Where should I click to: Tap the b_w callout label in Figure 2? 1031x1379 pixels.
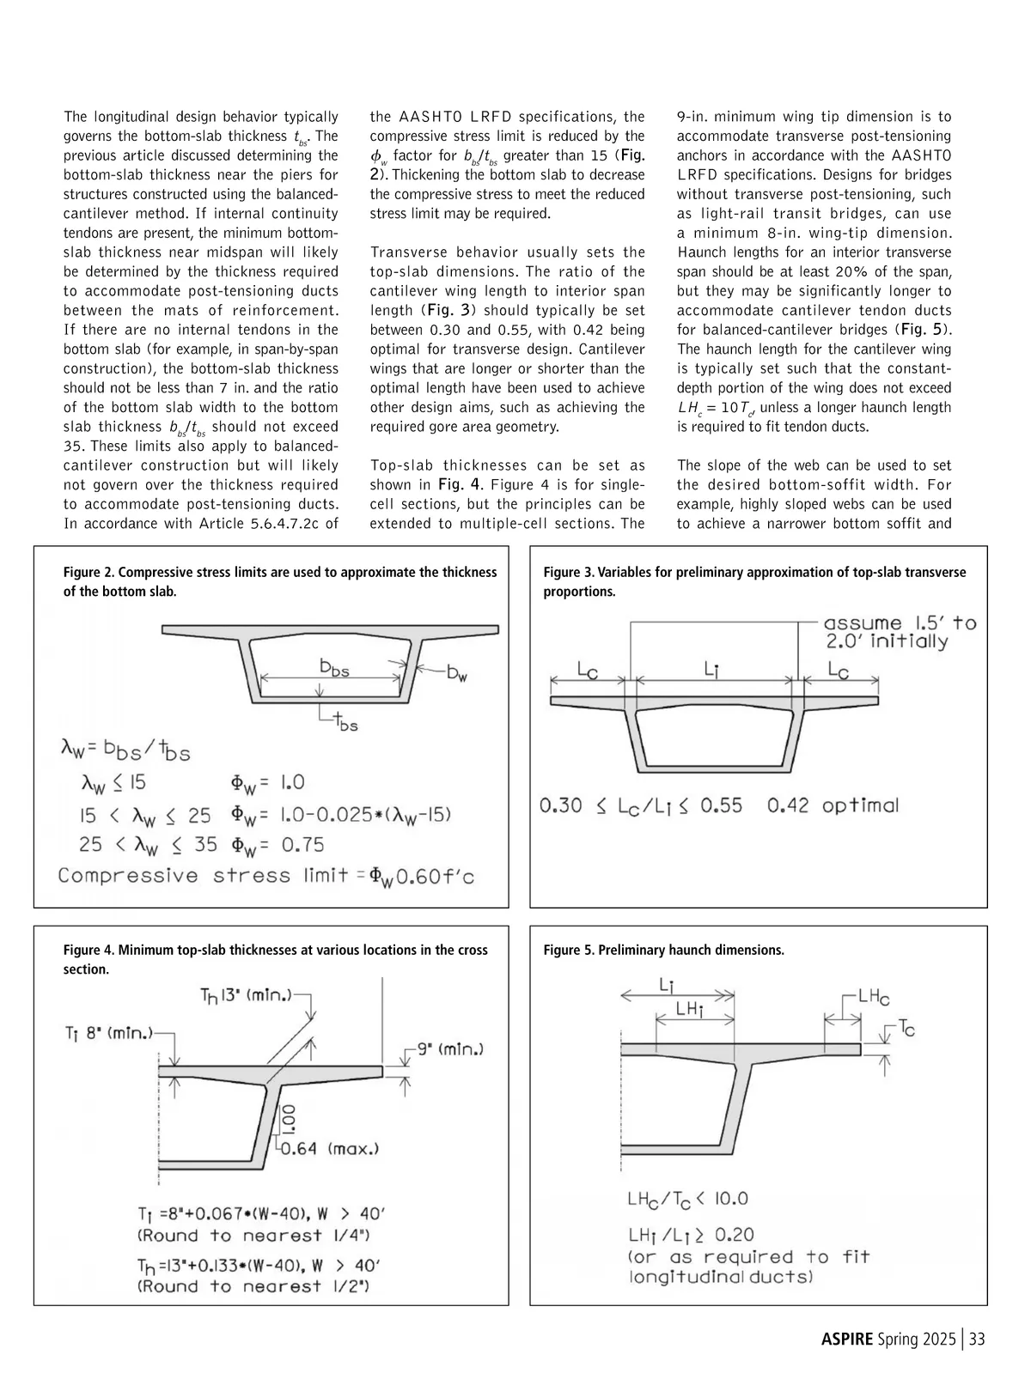(x=456, y=674)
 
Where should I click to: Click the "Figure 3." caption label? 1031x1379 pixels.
(x=569, y=573)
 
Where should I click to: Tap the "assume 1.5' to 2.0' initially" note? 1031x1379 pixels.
(x=899, y=632)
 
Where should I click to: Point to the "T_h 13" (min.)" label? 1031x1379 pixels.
(x=246, y=995)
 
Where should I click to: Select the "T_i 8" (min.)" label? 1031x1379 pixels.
(x=107, y=1034)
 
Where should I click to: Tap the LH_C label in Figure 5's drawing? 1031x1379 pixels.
(x=874, y=997)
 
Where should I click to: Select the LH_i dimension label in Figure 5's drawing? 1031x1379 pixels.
(x=690, y=1010)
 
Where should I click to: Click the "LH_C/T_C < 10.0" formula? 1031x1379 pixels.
(x=687, y=1199)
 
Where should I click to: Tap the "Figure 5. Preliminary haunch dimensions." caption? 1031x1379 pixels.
(x=663, y=950)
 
